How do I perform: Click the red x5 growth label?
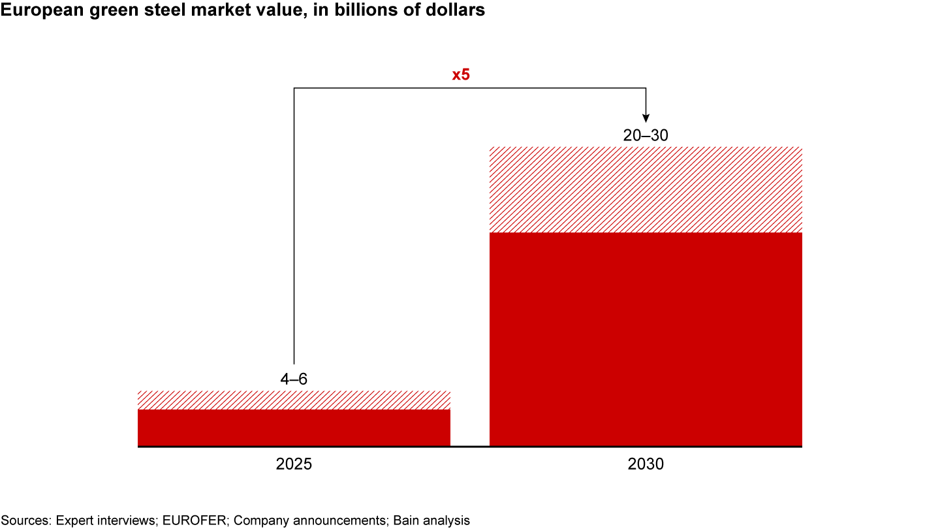(461, 75)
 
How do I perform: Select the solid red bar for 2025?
(294, 428)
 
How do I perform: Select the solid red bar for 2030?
(646, 339)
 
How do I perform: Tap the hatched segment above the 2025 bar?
(294, 400)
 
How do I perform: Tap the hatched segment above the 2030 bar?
(646, 189)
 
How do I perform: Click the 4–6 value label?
(294, 379)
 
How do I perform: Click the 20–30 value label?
(646, 135)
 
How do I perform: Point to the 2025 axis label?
(294, 465)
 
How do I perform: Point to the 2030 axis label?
(646, 465)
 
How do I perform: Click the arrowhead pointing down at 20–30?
(646, 117)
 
